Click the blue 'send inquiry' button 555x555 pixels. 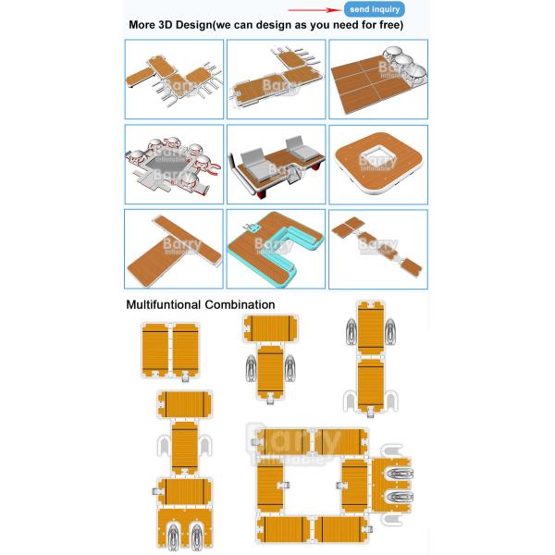point(375,8)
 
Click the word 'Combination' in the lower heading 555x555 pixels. point(241,303)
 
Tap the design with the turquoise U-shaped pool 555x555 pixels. point(276,248)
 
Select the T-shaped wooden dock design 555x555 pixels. point(174,248)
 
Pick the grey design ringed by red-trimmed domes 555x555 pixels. point(174,165)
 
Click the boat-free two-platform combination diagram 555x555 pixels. point(171,351)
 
